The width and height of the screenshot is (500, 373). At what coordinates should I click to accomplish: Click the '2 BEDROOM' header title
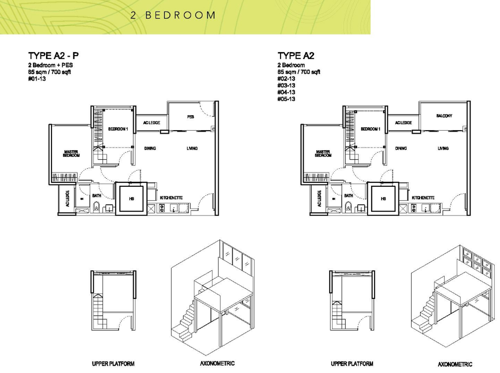173,15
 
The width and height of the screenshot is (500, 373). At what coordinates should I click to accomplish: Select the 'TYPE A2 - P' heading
54,56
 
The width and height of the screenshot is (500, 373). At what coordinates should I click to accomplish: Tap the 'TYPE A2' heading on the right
296,56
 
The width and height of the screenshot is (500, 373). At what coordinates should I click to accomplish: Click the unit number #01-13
37,79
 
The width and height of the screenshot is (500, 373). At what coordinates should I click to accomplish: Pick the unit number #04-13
286,92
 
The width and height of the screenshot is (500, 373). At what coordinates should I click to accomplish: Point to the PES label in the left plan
190,116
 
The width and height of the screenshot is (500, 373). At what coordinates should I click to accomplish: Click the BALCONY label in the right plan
444,116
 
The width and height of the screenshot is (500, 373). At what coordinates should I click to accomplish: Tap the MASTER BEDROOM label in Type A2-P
71,154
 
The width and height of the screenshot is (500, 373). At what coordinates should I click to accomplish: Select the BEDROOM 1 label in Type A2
370,129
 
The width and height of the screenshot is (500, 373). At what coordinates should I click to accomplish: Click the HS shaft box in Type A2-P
131,199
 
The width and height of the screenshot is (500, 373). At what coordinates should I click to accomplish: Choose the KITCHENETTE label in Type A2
423,198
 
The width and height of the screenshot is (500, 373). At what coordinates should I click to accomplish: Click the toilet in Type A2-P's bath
97,207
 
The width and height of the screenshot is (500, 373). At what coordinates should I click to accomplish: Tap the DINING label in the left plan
150,148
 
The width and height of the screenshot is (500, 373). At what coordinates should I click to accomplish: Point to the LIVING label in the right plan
443,148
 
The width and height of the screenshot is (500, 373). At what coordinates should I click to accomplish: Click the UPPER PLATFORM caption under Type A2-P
113,363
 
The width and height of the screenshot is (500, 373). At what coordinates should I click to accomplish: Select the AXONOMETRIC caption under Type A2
455,365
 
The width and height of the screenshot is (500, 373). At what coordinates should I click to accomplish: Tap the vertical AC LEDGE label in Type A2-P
67,199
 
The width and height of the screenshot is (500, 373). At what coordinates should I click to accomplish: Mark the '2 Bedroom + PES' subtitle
50,65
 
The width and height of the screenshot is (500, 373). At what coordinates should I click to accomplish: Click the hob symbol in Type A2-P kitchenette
162,209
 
